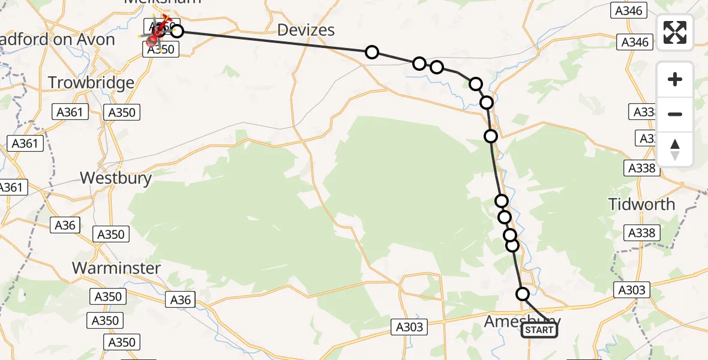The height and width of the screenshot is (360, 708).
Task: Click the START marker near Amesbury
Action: (539, 330)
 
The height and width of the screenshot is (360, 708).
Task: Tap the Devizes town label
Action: (307, 30)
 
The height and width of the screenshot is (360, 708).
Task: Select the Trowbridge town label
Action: (91, 82)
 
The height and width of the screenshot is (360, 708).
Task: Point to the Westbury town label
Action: (116, 178)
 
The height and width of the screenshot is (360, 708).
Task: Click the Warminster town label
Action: (116, 268)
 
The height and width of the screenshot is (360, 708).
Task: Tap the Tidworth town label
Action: (641, 204)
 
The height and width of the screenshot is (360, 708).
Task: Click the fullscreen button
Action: (675, 32)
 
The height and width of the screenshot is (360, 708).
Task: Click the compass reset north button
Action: (675, 149)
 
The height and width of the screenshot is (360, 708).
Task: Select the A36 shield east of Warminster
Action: (181, 299)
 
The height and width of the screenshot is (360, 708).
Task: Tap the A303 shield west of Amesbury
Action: (410, 327)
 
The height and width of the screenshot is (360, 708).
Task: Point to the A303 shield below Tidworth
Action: (632, 290)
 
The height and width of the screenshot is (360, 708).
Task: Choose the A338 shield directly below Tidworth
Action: (641, 233)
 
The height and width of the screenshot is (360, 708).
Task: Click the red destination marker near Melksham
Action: (151, 40)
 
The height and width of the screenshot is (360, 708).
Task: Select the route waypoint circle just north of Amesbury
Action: (523, 294)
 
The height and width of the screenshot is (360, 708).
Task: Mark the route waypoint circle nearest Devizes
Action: (372, 52)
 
